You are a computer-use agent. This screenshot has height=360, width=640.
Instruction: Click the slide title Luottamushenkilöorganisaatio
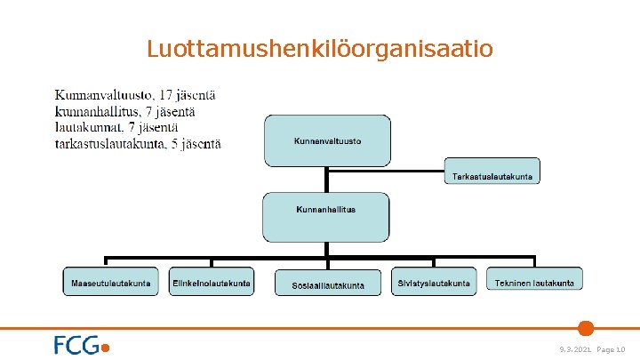pos(319,48)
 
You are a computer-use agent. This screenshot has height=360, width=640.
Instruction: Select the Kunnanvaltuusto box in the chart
pos(327,140)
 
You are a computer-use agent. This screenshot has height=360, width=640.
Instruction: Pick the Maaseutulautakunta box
pos(111,282)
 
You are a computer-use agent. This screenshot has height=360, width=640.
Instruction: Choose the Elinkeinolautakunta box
pos(212,282)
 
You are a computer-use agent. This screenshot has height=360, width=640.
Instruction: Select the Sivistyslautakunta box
pos(433,282)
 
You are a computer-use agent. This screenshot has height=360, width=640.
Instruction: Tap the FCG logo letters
pos(76,345)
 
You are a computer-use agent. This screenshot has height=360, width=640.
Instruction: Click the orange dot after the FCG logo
pos(107,348)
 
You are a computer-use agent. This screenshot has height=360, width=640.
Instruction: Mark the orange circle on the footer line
pos(586,328)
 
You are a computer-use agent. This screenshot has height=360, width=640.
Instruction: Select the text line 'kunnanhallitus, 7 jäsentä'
pos(125,111)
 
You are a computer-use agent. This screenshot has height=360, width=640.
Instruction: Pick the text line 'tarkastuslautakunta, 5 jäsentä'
pos(138,143)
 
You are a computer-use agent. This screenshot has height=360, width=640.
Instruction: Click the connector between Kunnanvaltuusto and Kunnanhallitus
pos(326,180)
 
